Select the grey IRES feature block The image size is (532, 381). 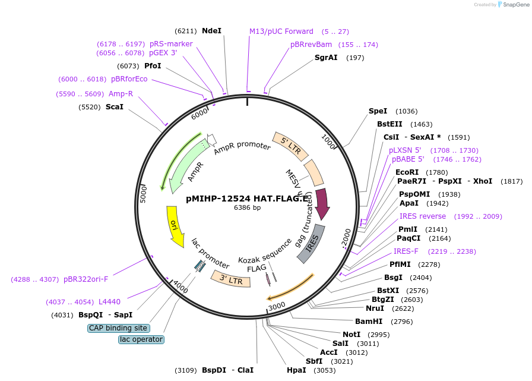pyautogui.click(x=312, y=243)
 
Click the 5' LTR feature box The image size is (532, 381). pyautogui.click(x=290, y=147)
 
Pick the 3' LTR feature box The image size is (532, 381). pyautogui.click(x=230, y=278)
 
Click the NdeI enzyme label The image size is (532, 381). pyautogui.click(x=211, y=30)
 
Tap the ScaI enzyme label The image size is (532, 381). pyautogui.click(x=114, y=107)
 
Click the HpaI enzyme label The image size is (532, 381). pyautogui.click(x=296, y=370)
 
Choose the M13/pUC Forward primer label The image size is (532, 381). pyautogui.click(x=281, y=32)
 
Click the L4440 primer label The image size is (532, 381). pyautogui.click(x=109, y=302)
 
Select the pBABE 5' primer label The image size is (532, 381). pyautogui.click(x=408, y=159)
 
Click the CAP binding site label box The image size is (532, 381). pyautogui.click(x=118, y=328)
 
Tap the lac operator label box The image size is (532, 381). pyautogui.click(x=141, y=339)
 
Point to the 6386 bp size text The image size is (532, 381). pyautogui.click(x=247, y=208)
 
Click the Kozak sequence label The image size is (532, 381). pyautogui.click(x=265, y=252)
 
